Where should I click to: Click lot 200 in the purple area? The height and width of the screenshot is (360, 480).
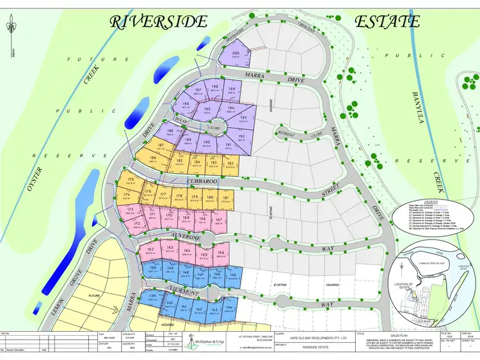[236, 55]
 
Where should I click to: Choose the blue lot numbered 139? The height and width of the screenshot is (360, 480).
[152, 298]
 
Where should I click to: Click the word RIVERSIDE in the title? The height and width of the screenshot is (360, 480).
[159, 21]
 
